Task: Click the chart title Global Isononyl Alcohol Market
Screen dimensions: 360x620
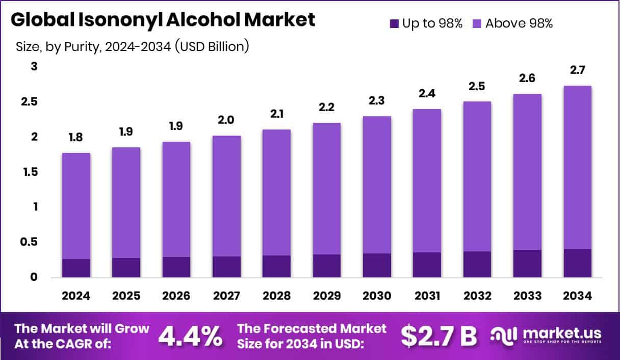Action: tap(163, 20)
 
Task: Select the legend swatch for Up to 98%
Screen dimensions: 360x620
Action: tap(395, 23)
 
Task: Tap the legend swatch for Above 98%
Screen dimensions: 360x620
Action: tap(478, 23)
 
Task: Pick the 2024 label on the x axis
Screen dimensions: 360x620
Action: tap(76, 296)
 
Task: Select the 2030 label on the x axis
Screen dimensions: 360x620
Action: tap(377, 296)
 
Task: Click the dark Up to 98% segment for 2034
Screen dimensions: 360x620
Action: tap(577, 263)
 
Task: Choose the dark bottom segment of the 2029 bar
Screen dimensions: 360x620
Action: tap(326, 266)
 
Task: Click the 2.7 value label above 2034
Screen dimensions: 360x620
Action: tap(577, 71)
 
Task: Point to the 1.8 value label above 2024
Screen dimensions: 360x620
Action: tap(76, 138)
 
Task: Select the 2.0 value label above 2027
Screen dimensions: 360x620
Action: tap(226, 120)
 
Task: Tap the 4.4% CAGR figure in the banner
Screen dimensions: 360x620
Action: tap(190, 336)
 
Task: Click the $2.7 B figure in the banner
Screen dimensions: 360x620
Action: tap(438, 336)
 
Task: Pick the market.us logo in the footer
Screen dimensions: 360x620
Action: tap(546, 335)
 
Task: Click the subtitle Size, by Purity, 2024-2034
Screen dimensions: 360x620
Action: tap(132, 47)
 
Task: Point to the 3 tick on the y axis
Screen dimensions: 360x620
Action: tap(34, 67)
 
